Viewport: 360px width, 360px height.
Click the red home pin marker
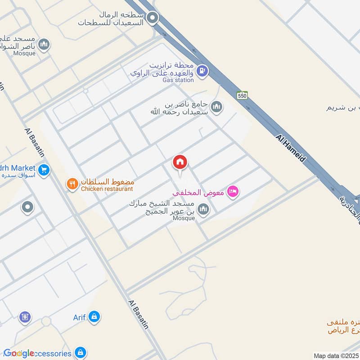180,162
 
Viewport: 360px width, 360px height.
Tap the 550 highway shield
242,95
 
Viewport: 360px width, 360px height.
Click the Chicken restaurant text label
107,189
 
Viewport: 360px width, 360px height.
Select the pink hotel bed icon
232,192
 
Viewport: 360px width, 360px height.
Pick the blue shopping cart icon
44,170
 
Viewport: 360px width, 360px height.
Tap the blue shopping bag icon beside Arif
94,317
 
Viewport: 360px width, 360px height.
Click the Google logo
18,353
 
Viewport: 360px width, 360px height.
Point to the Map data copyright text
335,355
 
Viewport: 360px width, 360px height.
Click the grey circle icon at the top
153,18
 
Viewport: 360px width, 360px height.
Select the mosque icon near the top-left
44,44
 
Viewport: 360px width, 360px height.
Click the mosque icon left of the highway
216,107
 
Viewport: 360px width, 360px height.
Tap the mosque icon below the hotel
203,209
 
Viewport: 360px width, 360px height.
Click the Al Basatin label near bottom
138,315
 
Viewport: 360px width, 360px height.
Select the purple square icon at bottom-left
25,318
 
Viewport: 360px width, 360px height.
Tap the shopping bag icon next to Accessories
81,352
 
